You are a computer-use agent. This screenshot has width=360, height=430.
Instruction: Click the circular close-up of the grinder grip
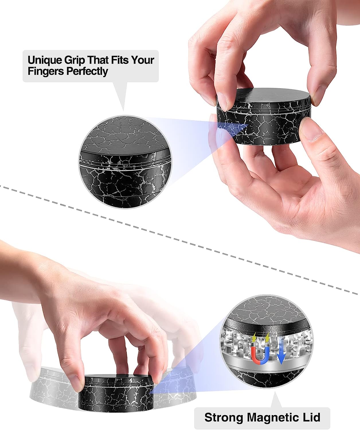125,162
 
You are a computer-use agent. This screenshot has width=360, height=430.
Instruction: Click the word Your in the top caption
143,60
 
